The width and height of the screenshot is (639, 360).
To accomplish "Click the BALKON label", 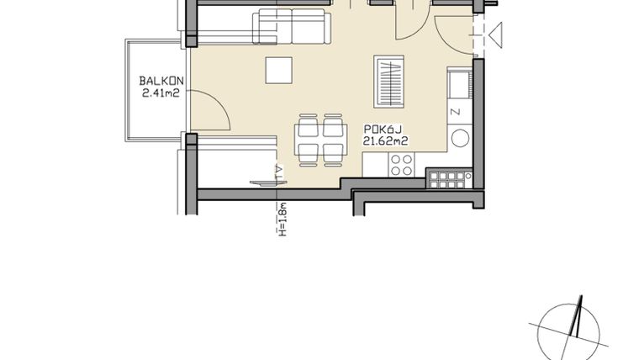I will (156, 82).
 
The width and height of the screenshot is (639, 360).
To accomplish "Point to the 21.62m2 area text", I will (385, 140).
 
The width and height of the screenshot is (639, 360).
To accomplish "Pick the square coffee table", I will (279, 70).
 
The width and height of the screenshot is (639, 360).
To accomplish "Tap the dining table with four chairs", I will (319, 138).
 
